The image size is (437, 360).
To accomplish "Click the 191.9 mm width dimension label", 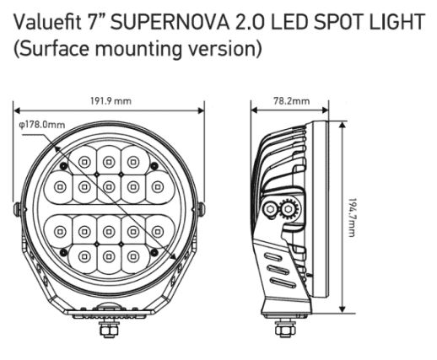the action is pyautogui.click(x=111, y=101).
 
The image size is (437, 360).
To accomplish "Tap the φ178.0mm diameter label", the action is pyautogui.click(x=42, y=125).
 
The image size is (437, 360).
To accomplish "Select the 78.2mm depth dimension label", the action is pyautogui.click(x=292, y=101).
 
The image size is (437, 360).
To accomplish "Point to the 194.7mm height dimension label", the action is pyautogui.click(x=352, y=218).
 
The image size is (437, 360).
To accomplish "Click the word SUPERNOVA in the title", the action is pyautogui.click(x=170, y=22).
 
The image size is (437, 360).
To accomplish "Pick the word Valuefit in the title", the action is pyautogui.click(x=47, y=22).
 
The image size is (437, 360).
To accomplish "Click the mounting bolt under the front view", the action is pyautogui.click(x=109, y=328).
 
